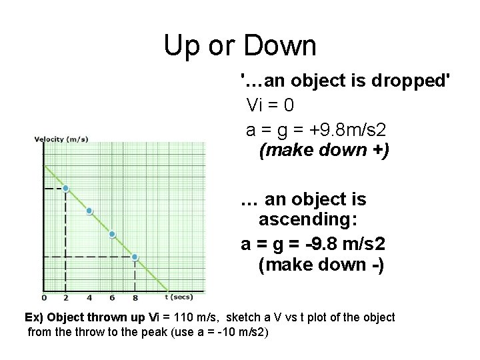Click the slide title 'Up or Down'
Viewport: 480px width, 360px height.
[x=240, y=46]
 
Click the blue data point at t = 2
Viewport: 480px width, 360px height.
[x=65, y=189]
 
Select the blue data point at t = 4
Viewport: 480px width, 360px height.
[x=89, y=211]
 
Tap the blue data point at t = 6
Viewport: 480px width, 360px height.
[x=112, y=234]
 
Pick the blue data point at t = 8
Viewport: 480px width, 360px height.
[x=135, y=257]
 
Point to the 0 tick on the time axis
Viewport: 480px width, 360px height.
[x=44, y=297]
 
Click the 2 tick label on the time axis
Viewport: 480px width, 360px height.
[x=65, y=297]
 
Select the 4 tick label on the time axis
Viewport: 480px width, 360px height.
[x=89, y=297]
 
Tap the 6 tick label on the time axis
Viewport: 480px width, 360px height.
[x=112, y=297]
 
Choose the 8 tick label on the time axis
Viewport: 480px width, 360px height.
[x=135, y=297]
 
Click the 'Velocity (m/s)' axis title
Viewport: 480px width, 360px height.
[x=61, y=139]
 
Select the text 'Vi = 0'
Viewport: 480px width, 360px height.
[x=270, y=105]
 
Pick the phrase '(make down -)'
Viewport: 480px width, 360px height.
[x=321, y=265]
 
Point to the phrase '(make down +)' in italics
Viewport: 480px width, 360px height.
[x=323, y=150]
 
